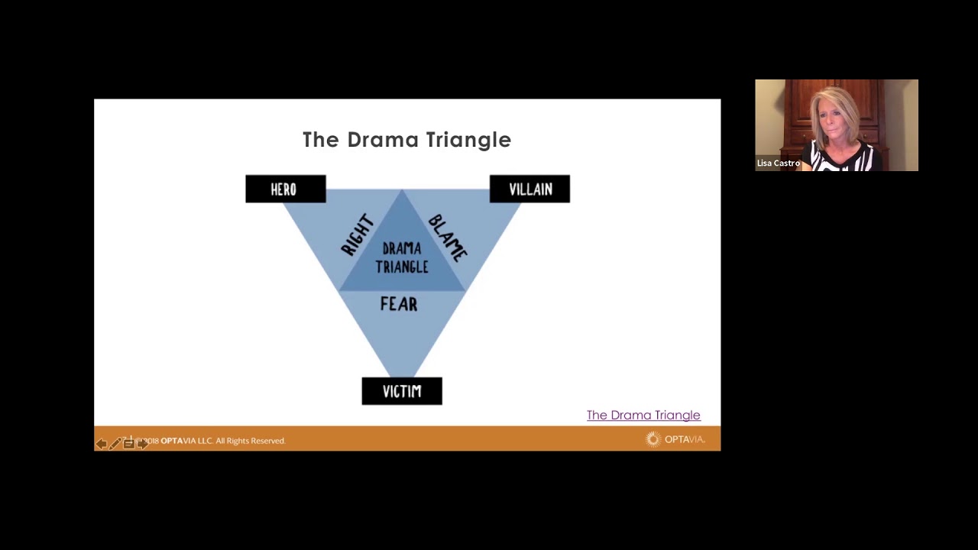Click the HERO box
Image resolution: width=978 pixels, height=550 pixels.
coord(285,189)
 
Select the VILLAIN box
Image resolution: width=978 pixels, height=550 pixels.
coord(529,189)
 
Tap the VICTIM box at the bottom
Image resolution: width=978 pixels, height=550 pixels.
coord(402,391)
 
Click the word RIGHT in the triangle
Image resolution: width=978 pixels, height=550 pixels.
coord(358,235)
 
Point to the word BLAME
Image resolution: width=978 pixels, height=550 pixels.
coord(448,238)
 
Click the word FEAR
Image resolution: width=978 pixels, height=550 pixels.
coord(399,304)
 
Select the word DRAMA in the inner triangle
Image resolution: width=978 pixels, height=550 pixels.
coord(402,249)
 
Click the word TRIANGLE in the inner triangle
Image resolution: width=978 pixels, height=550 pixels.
coord(402,267)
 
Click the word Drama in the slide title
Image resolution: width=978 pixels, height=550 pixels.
coord(382,140)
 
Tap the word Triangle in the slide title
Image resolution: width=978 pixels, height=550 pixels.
coord(468,140)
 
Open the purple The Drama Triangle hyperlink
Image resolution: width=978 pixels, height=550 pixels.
coord(643,415)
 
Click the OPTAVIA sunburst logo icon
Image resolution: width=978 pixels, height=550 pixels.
coord(653,439)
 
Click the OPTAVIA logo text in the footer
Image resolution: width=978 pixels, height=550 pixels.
coord(685,439)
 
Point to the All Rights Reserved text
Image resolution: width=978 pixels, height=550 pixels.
coord(250,441)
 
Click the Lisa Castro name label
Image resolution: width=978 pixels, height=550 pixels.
coord(778,163)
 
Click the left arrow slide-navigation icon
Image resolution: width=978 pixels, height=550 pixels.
coord(101,444)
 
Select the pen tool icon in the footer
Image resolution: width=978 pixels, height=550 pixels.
coord(115,444)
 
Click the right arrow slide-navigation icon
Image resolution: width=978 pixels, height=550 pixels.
coord(143,444)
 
